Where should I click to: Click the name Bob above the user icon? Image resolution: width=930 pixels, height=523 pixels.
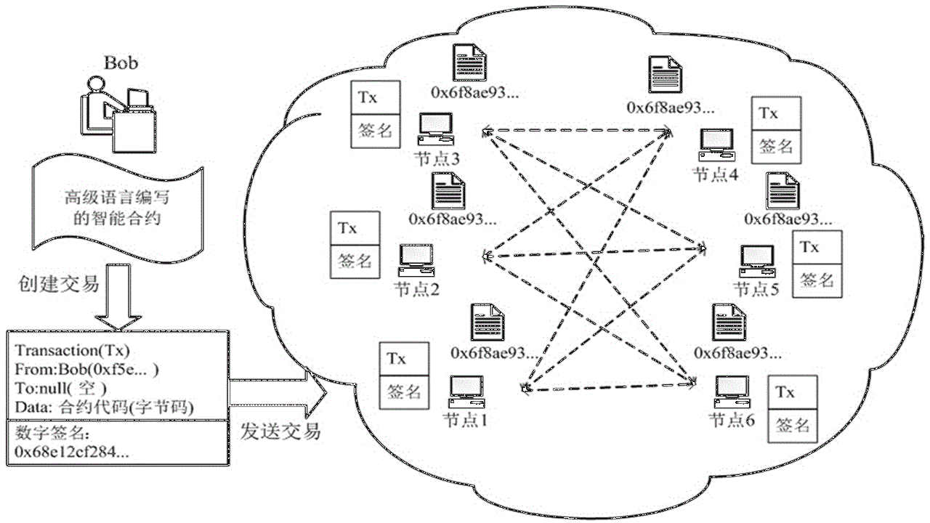tap(121, 62)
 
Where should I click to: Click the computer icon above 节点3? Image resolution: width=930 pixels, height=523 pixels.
tap(435, 129)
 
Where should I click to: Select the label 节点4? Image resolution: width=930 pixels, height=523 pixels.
tap(716, 175)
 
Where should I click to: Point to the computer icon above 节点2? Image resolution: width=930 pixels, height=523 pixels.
tap(416, 260)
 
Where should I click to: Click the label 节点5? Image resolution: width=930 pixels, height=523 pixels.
tap(756, 289)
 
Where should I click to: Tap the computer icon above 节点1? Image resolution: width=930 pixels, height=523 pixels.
tap(466, 392)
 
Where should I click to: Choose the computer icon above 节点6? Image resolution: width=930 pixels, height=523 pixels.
tap(732, 392)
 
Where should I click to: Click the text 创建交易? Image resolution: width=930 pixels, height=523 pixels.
tap(59, 284)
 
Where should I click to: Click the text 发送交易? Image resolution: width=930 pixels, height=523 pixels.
tap(280, 431)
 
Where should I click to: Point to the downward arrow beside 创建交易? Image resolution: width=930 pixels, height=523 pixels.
tap(118, 297)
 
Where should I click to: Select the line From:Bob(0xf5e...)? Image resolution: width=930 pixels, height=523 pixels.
tap(86, 370)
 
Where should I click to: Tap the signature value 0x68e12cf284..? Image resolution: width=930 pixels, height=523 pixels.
tap(71, 451)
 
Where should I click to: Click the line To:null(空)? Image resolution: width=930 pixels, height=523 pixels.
tap(60, 389)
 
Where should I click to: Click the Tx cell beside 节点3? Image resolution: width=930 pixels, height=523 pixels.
tap(376, 97)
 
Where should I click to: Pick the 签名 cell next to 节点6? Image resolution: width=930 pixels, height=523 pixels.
tap(793, 426)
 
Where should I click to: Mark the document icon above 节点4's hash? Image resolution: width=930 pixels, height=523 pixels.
tap(665, 75)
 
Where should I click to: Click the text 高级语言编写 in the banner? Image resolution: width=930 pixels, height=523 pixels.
tap(117, 198)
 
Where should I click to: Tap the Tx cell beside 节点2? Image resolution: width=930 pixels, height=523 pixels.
tap(355, 228)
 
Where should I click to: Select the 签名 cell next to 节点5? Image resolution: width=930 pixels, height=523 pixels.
tap(817, 281)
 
